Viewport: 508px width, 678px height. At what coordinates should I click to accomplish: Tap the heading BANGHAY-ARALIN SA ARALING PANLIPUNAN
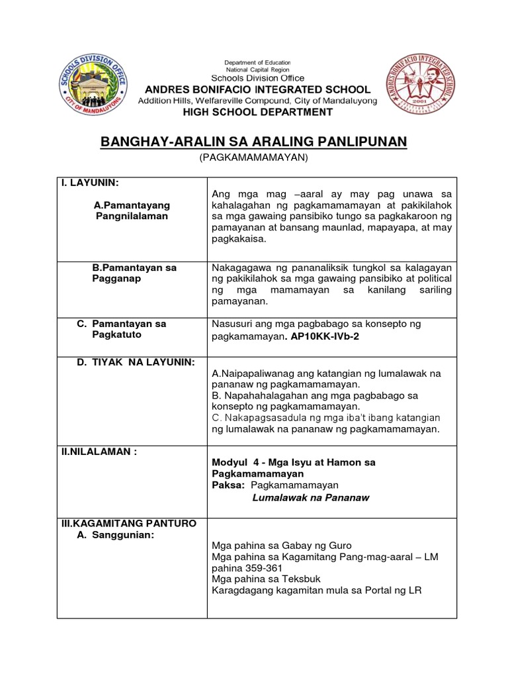(x=253, y=142)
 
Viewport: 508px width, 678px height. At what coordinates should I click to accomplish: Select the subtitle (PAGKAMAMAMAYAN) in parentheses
(x=254, y=159)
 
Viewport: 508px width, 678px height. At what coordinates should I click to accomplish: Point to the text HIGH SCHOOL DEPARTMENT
(x=257, y=112)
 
